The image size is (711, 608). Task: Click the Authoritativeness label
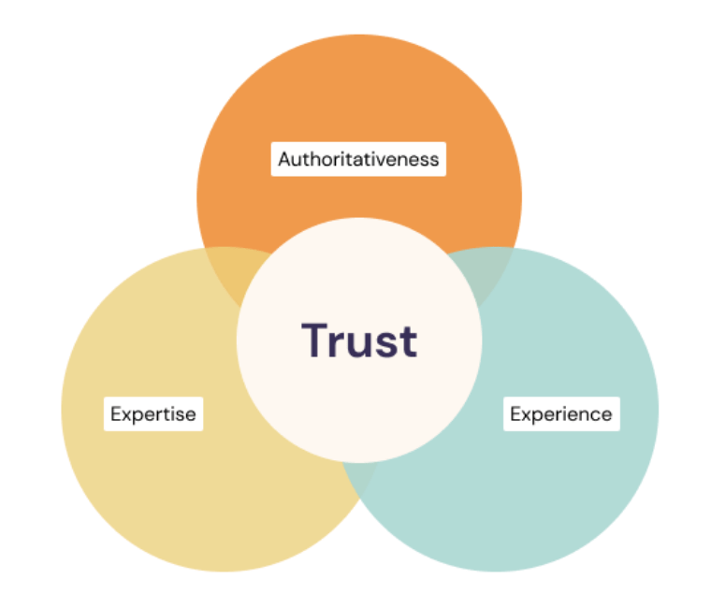point(359,159)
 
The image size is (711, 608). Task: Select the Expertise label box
point(152,413)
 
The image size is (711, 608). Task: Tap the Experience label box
point(560,413)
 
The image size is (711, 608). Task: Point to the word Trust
point(359,340)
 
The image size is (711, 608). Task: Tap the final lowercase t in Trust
point(409,341)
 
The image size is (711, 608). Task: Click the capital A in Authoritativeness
point(285,159)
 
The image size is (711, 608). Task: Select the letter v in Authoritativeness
point(393,160)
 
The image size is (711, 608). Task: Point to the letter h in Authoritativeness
point(315,159)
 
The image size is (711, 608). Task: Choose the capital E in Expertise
point(116,413)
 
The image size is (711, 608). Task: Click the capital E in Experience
point(515,413)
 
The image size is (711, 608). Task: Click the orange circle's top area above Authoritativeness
point(359,84)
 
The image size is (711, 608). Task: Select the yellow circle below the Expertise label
point(187,496)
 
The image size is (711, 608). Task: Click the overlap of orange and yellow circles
point(229,276)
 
